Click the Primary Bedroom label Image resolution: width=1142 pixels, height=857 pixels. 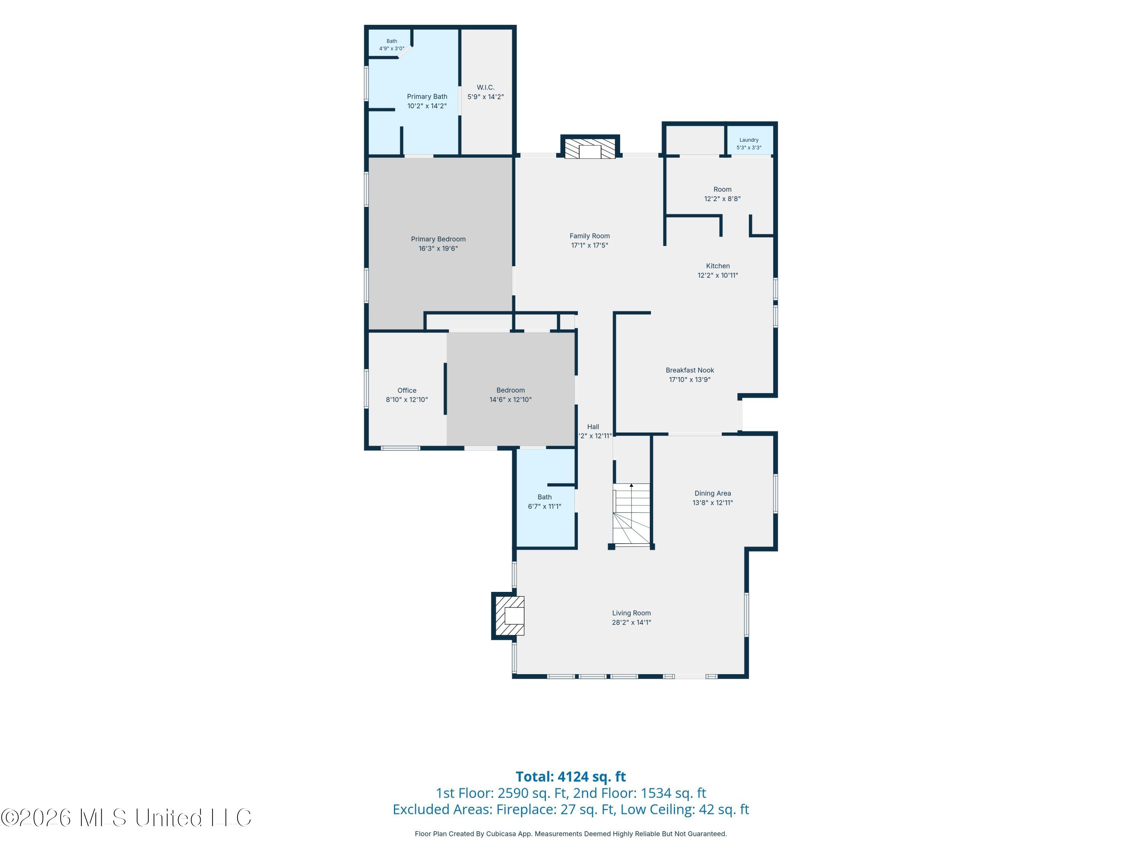(x=438, y=239)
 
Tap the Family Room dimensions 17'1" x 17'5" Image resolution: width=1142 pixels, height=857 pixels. (x=590, y=245)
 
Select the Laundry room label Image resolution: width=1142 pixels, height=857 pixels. (x=749, y=140)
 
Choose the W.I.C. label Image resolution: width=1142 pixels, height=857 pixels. (x=485, y=87)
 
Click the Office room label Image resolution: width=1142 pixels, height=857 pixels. (x=407, y=390)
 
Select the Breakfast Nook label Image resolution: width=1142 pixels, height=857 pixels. (x=690, y=370)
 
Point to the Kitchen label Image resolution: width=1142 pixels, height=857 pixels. (x=718, y=266)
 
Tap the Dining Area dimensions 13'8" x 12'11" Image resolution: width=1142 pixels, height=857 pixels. (x=713, y=503)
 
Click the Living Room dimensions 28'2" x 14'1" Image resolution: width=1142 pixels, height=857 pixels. (x=632, y=622)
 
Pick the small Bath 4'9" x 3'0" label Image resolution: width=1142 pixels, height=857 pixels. (x=392, y=45)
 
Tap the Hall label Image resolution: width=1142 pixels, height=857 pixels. (x=593, y=427)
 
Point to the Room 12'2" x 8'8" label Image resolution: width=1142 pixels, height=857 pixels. (x=722, y=194)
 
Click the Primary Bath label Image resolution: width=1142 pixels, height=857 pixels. (x=427, y=97)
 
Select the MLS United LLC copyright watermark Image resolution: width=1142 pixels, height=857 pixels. (x=126, y=818)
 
